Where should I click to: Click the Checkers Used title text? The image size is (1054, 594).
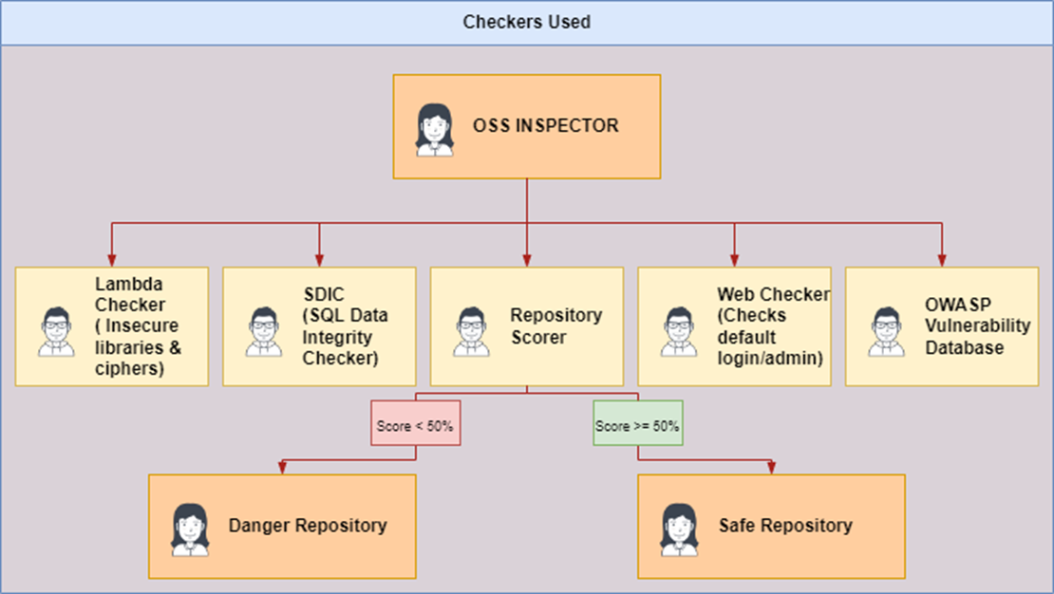[x=526, y=22]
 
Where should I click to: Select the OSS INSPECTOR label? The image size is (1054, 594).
[x=546, y=125]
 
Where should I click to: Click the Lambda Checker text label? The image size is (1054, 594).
[x=138, y=325]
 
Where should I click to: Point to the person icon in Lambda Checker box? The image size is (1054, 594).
[x=56, y=331]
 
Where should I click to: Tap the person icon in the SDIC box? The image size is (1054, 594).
[x=263, y=331]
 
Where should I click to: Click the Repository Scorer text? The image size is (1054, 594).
[x=555, y=325]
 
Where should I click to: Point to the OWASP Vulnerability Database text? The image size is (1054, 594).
[x=977, y=325]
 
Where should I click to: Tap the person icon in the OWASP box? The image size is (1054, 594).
[x=885, y=331]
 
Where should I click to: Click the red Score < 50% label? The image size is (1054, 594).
[x=415, y=426]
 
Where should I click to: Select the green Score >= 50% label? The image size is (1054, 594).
[x=637, y=426]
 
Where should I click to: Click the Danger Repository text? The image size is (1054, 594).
[x=307, y=526]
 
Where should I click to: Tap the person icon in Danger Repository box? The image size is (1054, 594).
[x=189, y=529]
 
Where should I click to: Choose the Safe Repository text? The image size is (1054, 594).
[x=785, y=526]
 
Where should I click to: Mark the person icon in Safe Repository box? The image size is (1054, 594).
[x=678, y=529]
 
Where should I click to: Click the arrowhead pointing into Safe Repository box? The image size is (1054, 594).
[x=771, y=468]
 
